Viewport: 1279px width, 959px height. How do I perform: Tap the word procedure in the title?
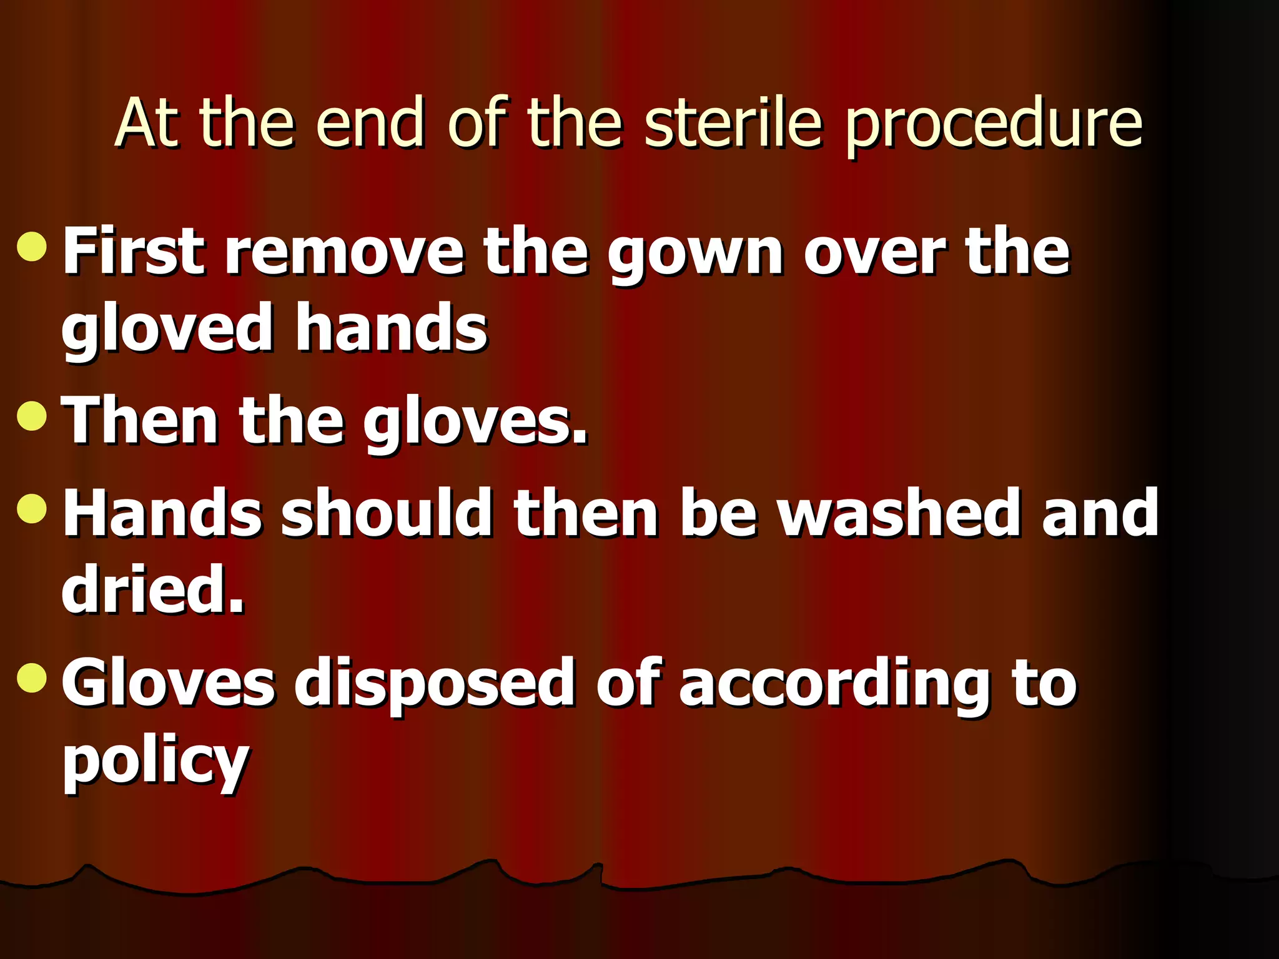(994, 125)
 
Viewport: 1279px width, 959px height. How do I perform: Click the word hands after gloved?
(391, 327)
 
